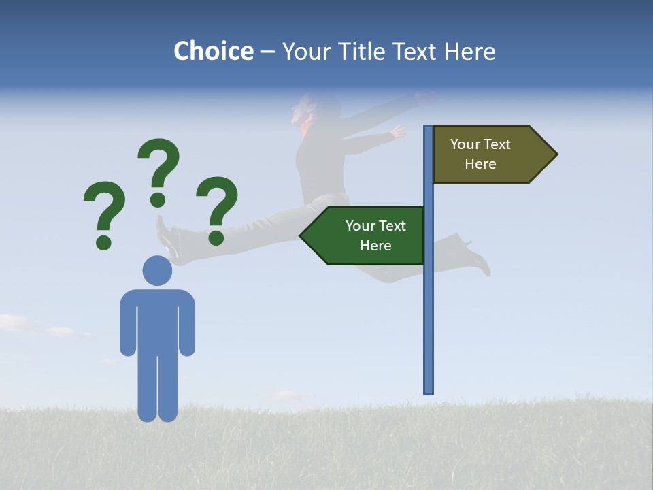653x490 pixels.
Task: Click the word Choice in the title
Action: tap(213, 51)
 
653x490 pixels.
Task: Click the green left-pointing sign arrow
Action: tap(364, 235)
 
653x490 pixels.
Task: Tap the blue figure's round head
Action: tap(157, 270)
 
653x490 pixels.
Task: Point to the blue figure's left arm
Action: tap(128, 323)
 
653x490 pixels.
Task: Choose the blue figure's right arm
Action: tap(187, 323)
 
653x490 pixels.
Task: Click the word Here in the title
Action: tap(469, 51)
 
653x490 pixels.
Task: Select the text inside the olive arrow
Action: tap(480, 154)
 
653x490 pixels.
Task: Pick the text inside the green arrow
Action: tap(375, 235)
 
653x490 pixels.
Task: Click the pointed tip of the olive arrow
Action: tap(556, 154)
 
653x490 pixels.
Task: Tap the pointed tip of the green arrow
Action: tap(301, 235)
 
